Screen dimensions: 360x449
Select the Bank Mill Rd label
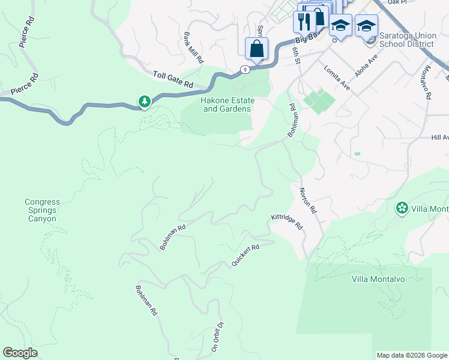(194, 48)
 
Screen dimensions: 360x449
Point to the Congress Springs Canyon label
(41, 210)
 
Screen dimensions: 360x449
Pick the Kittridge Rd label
(287, 221)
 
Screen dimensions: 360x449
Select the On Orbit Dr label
(217, 336)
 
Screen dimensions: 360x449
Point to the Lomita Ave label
(337, 77)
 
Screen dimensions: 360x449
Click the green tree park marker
(144, 102)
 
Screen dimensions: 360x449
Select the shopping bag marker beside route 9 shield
(257, 49)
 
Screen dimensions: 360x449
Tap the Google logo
(20, 353)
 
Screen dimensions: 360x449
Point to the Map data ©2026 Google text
(411, 355)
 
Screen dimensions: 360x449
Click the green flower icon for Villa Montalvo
(402, 208)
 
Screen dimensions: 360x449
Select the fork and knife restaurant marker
(304, 22)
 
